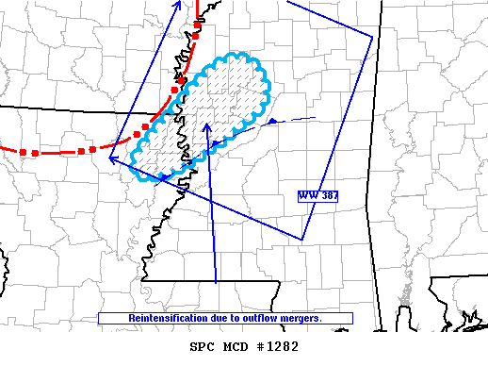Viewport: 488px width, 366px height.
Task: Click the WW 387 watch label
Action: pyautogui.click(x=317, y=195)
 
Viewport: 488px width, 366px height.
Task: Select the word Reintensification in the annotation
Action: pyautogui.click(x=161, y=319)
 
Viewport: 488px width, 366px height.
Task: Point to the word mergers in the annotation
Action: pyautogui.click(x=300, y=319)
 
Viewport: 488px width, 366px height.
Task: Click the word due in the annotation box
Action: pyautogui.click(x=208, y=319)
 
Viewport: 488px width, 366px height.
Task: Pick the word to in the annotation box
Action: pyautogui.click(x=224, y=319)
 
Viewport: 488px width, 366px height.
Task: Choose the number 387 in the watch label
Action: pyautogui.click(x=327, y=195)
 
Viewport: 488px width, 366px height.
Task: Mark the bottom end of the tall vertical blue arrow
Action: pyautogui.click(x=217, y=282)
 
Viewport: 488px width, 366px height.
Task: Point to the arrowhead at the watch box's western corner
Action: pyautogui.click(x=112, y=159)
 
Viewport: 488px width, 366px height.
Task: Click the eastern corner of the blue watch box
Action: pyautogui.click(x=372, y=37)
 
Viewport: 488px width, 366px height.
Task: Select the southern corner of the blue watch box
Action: pyautogui.click(x=301, y=240)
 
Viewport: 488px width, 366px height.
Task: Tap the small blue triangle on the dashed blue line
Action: pyautogui.click(x=271, y=123)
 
